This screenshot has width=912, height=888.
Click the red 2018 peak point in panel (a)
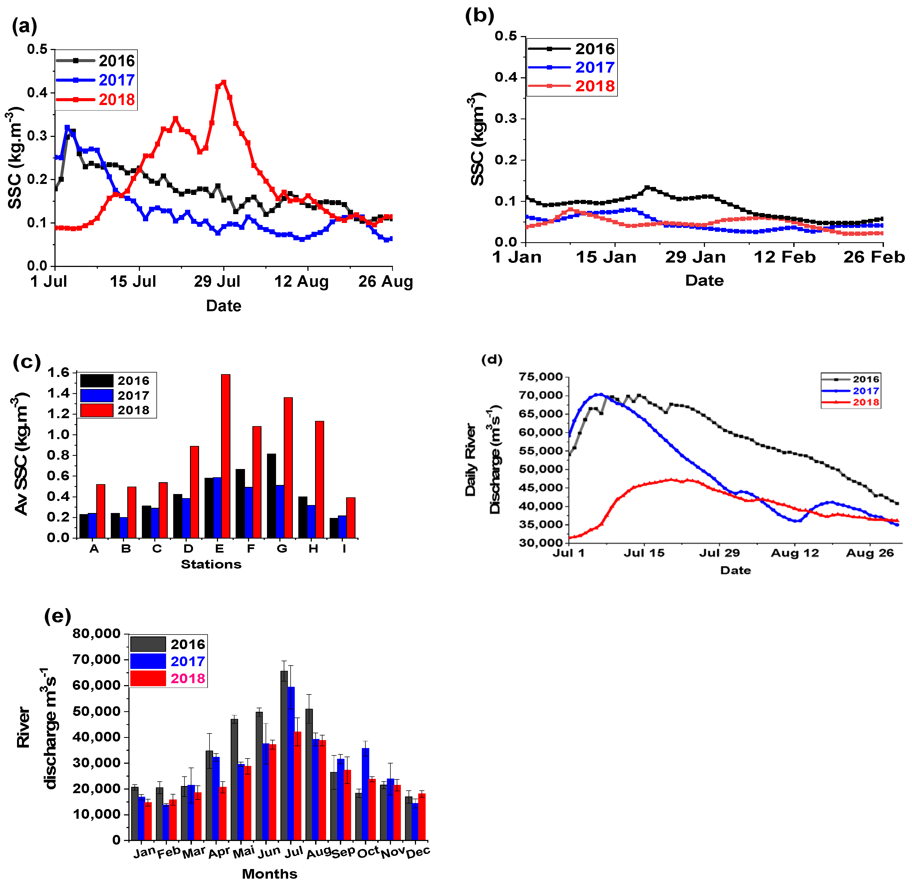coord(224,82)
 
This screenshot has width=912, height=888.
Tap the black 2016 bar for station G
coord(271,496)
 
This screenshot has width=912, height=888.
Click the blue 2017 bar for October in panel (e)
coord(366,794)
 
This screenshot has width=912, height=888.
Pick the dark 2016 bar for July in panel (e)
coord(284,755)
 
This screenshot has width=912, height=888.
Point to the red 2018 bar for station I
coord(351,518)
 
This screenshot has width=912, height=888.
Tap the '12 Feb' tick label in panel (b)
coord(785,257)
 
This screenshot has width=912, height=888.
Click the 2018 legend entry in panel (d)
coord(851,402)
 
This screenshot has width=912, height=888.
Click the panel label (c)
coord(27,362)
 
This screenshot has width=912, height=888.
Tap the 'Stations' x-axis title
coord(211,564)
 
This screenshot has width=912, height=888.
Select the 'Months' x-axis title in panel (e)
coord(270,873)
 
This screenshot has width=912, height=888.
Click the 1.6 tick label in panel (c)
coord(58,372)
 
